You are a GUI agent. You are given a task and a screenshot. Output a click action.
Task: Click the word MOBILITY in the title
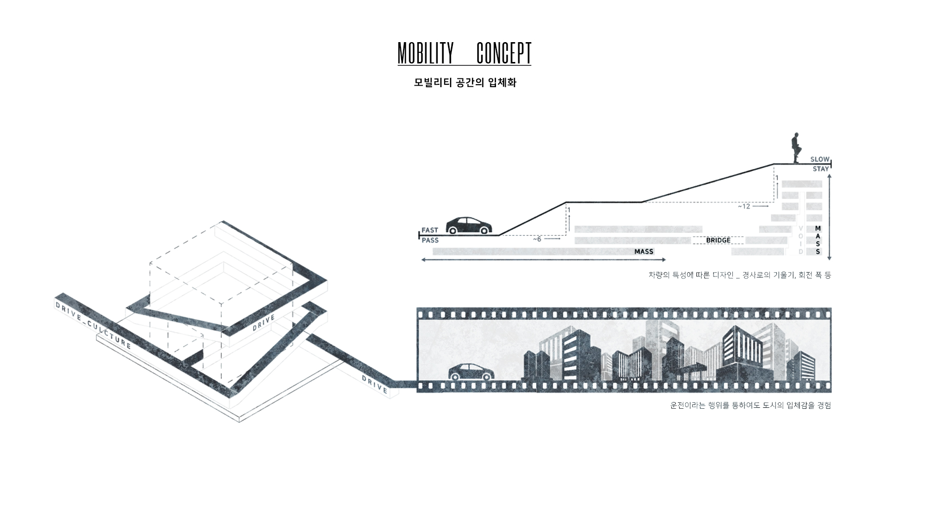pyautogui.click(x=426, y=53)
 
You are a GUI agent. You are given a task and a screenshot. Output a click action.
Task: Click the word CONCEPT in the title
pyautogui.click(x=504, y=53)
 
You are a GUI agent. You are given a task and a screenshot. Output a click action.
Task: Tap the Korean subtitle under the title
pyautogui.click(x=465, y=83)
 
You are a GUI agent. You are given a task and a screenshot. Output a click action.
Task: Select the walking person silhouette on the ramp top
pyautogui.click(x=795, y=148)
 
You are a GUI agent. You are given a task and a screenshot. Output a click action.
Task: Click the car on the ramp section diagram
pyautogui.click(x=468, y=226)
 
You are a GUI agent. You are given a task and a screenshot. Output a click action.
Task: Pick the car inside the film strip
pyautogui.click(x=471, y=372)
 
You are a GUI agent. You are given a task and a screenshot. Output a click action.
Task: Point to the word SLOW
pyautogui.click(x=820, y=159)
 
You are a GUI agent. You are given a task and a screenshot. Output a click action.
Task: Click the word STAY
pyautogui.click(x=821, y=169)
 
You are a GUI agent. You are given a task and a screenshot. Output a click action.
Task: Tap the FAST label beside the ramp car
pyautogui.click(x=430, y=230)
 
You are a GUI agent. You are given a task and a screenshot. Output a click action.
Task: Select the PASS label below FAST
pyautogui.click(x=430, y=240)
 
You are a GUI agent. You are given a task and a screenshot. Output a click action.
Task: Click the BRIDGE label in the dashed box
pyautogui.click(x=718, y=240)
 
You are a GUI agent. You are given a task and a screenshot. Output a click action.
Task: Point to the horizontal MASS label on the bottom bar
pyautogui.click(x=644, y=251)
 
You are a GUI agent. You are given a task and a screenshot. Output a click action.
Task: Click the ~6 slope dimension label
pyautogui.click(x=537, y=239)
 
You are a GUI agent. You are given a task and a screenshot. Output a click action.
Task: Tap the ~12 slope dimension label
pyautogui.click(x=744, y=206)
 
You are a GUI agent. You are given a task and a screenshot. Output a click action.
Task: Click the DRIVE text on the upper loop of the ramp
pyautogui.click(x=263, y=323)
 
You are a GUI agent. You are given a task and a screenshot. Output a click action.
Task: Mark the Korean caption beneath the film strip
pyautogui.click(x=750, y=405)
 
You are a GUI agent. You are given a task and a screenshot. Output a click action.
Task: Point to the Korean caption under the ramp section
pyautogui.click(x=739, y=275)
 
